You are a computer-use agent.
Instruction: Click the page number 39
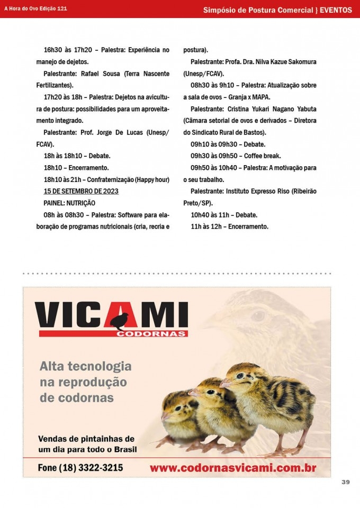(x=346, y=482)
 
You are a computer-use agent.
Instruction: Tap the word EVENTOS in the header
(x=336, y=10)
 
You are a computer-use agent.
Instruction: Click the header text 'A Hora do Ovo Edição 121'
(x=35, y=9)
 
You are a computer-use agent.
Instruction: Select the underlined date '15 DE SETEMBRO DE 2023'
(x=81, y=191)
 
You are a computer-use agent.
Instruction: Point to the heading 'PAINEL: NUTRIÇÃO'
(x=69, y=203)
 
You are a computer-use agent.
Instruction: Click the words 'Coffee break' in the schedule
(x=262, y=156)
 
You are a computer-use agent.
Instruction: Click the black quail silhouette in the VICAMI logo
(x=122, y=320)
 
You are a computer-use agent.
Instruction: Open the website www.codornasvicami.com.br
(x=233, y=468)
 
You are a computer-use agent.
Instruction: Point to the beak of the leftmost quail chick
(x=164, y=416)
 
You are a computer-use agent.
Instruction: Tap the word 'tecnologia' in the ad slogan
(x=101, y=366)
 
